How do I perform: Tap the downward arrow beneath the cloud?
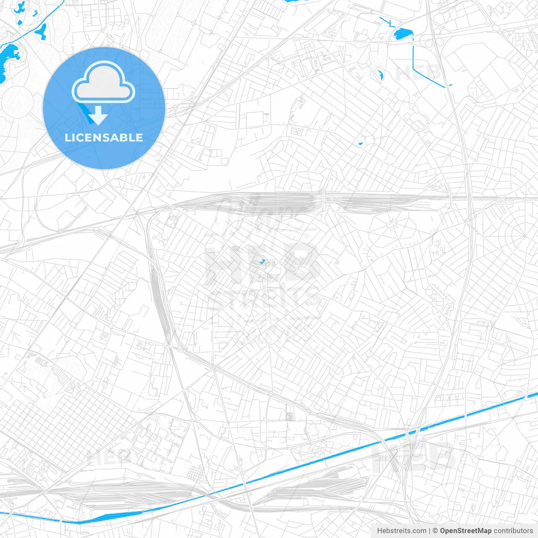(x=98, y=116)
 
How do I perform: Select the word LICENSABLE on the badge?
(x=104, y=137)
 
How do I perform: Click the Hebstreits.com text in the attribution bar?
(x=401, y=531)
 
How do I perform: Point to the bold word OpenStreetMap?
(x=466, y=531)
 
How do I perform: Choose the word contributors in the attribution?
(x=513, y=531)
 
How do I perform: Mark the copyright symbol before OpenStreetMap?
(x=435, y=531)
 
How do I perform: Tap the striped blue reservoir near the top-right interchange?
(x=403, y=33)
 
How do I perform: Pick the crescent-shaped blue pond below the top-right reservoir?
(x=381, y=75)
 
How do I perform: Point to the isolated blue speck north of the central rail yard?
(x=360, y=144)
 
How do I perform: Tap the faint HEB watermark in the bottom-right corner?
(x=414, y=456)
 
